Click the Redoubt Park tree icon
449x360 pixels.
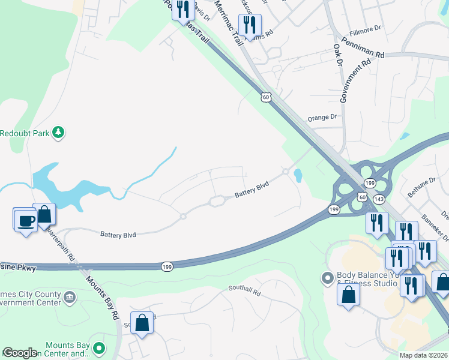58,132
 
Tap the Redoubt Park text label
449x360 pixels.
24,132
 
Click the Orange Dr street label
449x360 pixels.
322,118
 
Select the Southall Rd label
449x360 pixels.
244,290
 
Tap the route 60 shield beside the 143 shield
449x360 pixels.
362,197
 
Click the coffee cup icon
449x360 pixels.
25,220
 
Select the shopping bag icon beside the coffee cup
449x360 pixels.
44,214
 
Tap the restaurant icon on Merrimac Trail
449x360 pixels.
249,25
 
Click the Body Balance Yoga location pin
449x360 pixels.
327,278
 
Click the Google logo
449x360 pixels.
20,352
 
